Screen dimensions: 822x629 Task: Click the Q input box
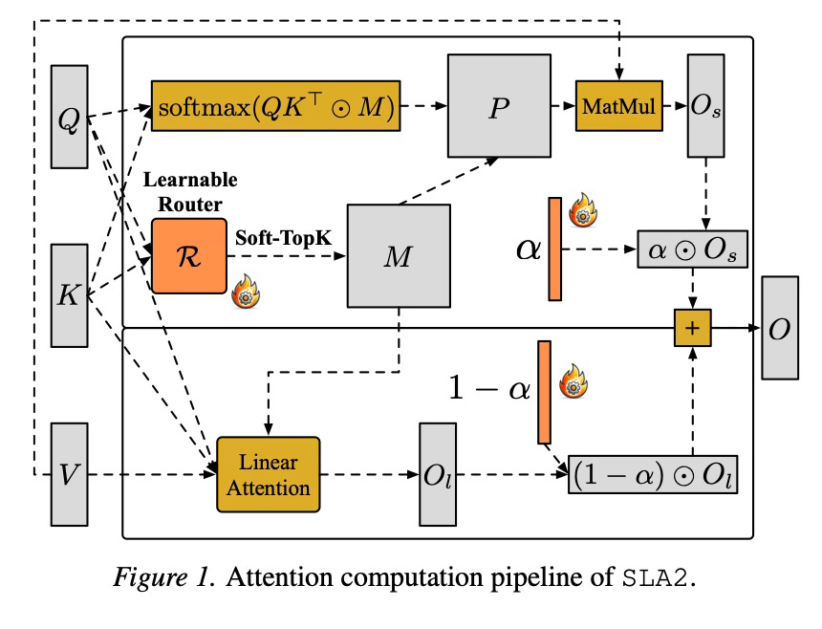click(69, 117)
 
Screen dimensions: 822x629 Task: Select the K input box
click(69, 295)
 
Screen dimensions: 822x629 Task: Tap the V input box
click(69, 474)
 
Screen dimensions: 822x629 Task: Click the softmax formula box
click(275, 106)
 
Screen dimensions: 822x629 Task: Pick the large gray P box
click(499, 106)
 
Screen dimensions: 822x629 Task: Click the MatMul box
click(619, 106)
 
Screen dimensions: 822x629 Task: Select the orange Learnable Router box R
click(189, 256)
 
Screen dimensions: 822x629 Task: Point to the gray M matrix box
click(399, 256)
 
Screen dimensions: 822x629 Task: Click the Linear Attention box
click(269, 474)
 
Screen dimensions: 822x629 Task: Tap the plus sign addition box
click(693, 328)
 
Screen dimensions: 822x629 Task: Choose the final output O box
click(780, 328)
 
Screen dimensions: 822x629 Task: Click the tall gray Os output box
click(706, 106)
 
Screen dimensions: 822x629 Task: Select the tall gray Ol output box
click(438, 474)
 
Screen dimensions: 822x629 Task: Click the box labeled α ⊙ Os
click(693, 249)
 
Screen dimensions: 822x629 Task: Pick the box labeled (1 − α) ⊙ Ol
click(653, 474)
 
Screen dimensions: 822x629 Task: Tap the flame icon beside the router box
click(246, 292)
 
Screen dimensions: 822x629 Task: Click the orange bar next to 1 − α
click(544, 393)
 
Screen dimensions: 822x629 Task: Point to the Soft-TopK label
click(283, 238)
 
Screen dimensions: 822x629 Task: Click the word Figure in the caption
click(150, 578)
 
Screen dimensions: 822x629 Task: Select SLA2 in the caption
click(655, 578)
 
